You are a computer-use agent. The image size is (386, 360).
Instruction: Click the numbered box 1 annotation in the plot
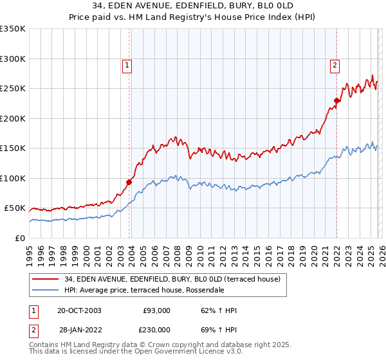point(127,65)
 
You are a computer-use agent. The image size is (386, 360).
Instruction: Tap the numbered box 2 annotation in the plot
point(335,65)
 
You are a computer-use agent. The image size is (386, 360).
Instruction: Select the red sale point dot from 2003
point(129,182)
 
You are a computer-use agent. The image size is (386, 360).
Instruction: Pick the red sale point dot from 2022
point(336,100)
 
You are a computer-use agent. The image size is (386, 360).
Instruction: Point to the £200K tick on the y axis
point(13,118)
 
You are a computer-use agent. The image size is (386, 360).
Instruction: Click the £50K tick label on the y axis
point(15,208)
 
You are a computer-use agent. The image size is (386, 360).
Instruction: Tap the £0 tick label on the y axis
point(21,239)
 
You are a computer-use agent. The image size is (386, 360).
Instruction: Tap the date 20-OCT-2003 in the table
point(79,310)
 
